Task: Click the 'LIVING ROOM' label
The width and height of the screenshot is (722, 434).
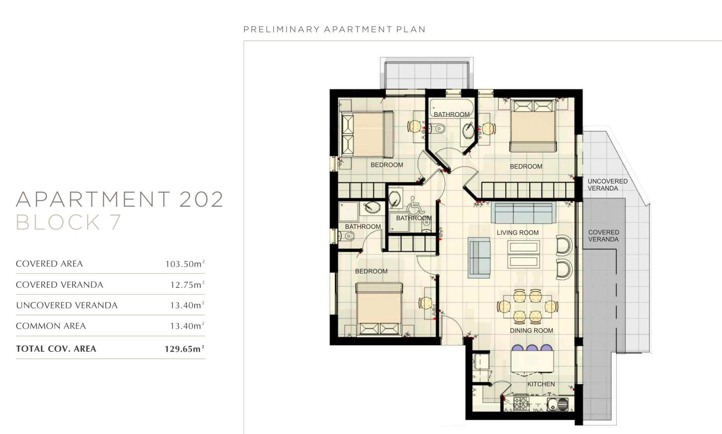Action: coord(517,233)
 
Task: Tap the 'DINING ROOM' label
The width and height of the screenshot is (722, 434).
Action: coord(531,330)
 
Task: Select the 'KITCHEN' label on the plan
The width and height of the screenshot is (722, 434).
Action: coord(541,384)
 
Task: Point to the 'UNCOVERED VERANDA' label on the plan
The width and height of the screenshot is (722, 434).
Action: coord(607,185)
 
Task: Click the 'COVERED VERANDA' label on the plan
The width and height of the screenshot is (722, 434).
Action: coord(603,236)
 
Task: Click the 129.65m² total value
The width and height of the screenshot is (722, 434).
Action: coord(184,349)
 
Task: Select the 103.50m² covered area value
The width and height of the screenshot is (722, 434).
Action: coord(185,264)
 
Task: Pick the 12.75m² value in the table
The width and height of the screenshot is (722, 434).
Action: coord(187,285)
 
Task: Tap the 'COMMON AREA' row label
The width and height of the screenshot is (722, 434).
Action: coord(51,326)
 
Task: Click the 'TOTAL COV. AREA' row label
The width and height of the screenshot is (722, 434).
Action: coord(56,349)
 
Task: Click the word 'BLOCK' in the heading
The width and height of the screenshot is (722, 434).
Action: coord(58,222)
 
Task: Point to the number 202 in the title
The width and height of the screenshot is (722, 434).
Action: coord(201,199)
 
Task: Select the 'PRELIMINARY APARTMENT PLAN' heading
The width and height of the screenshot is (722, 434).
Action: coord(335,29)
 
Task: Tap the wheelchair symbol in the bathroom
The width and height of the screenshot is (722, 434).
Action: coord(416,205)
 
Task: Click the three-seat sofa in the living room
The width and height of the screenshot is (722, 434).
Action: coord(523,213)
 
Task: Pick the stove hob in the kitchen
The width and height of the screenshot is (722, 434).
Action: coord(521,403)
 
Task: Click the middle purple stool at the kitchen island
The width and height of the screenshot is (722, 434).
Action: coord(532,348)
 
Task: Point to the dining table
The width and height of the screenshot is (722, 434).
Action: coord(528,306)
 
